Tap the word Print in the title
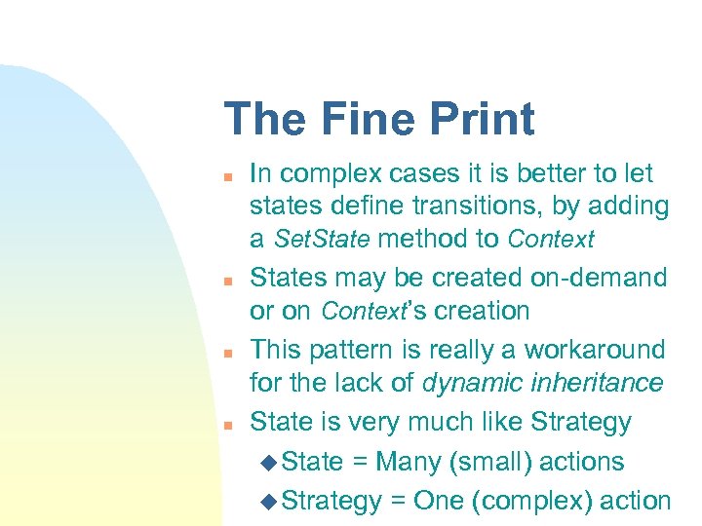tap(480, 119)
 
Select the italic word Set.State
tap(323, 239)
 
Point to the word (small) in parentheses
tap(494, 462)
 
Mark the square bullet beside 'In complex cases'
tap(226, 177)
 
